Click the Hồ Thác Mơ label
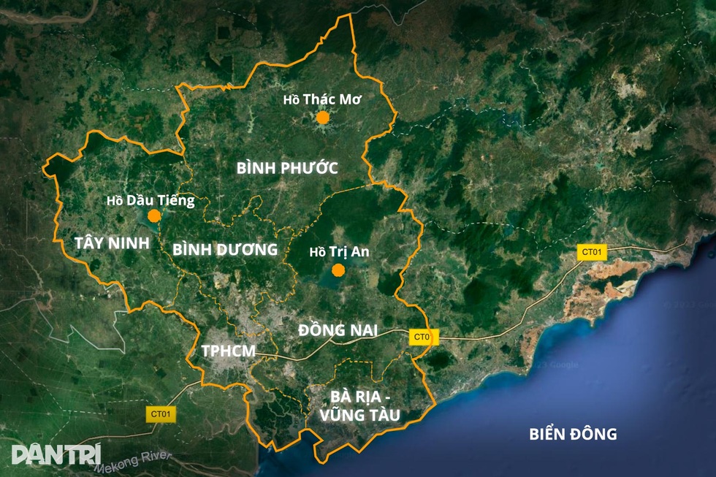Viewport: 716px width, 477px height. [323, 99]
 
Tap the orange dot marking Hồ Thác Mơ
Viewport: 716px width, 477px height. [323, 117]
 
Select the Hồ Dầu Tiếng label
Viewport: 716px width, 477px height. [151, 200]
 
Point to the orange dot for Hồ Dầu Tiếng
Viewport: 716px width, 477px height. [154, 215]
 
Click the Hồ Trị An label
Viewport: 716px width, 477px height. [339, 252]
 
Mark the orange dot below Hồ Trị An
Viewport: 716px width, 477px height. [338, 270]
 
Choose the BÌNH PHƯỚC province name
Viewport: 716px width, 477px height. [287, 168]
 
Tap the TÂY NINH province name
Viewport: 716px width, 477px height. [112, 243]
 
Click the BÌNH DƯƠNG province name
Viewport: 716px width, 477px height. [225, 249]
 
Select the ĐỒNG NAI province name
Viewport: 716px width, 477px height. [338, 330]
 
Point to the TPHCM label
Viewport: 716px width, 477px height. [229, 351]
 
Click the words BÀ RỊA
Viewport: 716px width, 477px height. [360, 397]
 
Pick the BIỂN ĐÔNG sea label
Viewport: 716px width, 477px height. [573, 434]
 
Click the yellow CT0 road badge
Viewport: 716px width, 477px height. [423, 337]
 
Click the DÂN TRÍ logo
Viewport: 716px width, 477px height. [56, 454]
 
